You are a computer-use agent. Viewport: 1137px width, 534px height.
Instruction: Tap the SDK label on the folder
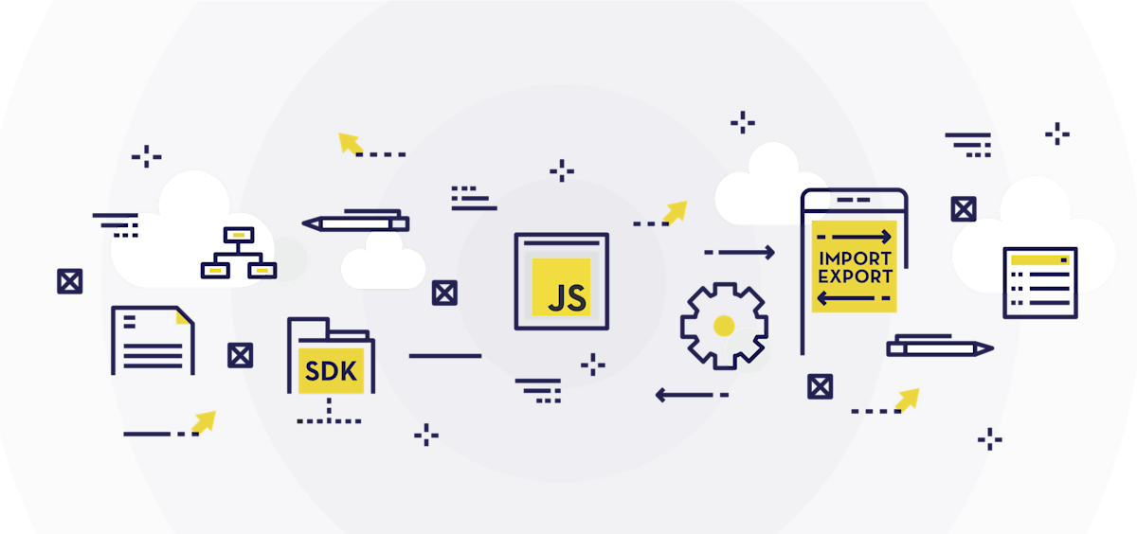coord(332,371)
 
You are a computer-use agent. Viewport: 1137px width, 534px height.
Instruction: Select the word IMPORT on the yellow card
coord(855,258)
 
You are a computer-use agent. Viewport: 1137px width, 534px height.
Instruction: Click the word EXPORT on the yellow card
coord(855,277)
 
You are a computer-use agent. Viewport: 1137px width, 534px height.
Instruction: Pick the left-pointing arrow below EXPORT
coord(855,299)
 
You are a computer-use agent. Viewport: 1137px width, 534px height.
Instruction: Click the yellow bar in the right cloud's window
coord(1039,258)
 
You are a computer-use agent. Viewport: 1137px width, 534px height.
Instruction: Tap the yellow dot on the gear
coord(724,325)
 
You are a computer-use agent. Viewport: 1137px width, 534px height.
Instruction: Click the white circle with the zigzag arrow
coord(749,352)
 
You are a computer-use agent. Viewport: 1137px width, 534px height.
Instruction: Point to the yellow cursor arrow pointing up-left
coord(350,143)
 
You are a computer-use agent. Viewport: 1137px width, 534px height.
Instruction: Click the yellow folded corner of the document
coord(183,316)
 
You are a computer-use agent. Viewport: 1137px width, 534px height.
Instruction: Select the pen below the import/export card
coord(939,348)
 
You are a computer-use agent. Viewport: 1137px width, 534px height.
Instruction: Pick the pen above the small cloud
coord(355,224)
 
